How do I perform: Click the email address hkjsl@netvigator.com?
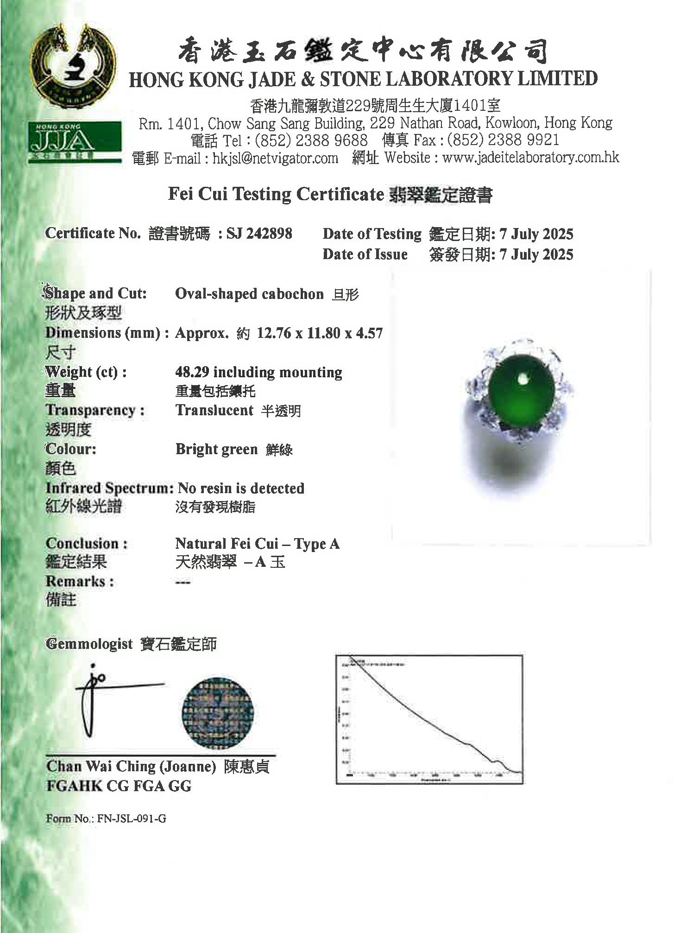click(x=275, y=158)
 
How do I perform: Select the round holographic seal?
click(x=218, y=713)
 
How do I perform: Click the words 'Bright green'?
click(x=216, y=449)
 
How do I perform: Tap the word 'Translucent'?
click(x=214, y=410)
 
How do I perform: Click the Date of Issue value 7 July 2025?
click(x=536, y=254)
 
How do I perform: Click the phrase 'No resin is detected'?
click(x=241, y=488)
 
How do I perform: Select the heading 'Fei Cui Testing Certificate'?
click(x=276, y=194)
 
